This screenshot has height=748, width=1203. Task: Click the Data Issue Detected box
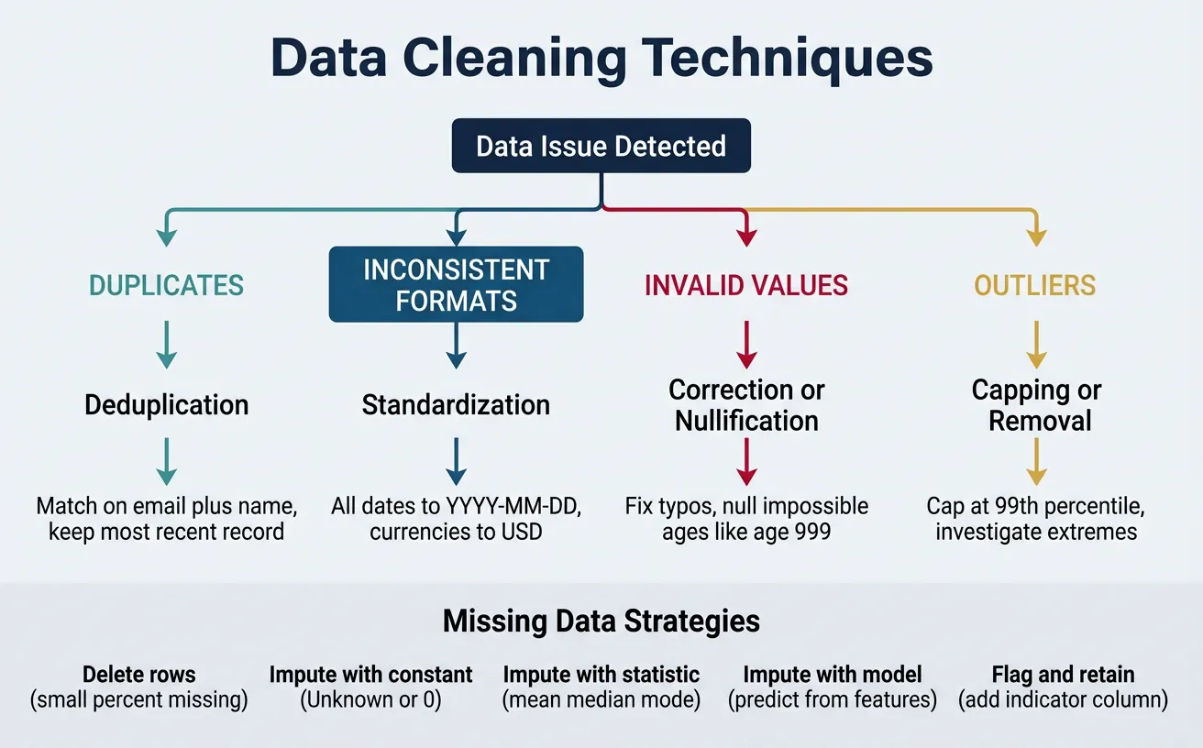coord(601,147)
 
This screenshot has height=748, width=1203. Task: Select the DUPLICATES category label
coord(166,285)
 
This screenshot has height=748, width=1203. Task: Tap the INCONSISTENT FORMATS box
coord(456,285)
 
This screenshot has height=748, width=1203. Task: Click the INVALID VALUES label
coord(746,285)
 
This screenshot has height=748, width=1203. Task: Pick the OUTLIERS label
coord(1034,285)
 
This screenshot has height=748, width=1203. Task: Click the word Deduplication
coord(166,405)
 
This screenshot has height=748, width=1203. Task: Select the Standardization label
coord(456,405)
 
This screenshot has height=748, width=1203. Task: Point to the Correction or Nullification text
coord(746,405)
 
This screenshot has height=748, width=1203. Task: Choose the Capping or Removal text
coord(1036,405)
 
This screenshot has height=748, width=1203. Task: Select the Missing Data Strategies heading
coord(601,621)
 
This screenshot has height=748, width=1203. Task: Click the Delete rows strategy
coord(139,676)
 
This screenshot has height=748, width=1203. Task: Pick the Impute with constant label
coord(370,676)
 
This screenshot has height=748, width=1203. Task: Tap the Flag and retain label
coord(1063,676)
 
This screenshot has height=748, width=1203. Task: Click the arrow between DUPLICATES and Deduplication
coord(166,346)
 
